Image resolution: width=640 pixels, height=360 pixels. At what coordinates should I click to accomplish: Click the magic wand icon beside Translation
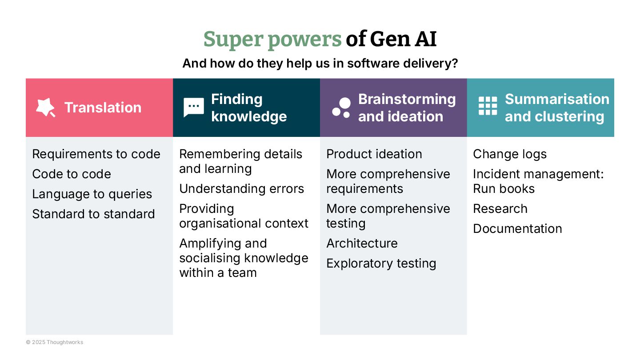[45, 108]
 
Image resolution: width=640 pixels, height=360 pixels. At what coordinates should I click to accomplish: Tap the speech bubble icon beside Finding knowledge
[193, 108]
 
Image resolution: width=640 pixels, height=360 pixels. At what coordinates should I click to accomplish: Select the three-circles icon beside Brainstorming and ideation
[341, 108]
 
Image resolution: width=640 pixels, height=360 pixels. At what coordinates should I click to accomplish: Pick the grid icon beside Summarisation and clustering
[488, 106]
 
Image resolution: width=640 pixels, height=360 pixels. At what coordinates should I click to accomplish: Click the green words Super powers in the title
[272, 40]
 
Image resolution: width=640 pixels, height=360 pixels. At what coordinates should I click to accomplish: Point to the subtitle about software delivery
[320, 64]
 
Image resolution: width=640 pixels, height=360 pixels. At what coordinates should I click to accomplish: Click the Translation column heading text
[103, 108]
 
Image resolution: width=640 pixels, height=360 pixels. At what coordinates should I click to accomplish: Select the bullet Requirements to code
[96, 154]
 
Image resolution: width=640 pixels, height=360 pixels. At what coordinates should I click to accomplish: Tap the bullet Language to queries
[92, 194]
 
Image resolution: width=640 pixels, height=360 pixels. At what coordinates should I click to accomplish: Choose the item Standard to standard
[93, 214]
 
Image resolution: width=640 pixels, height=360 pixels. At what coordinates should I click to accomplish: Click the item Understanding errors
[241, 189]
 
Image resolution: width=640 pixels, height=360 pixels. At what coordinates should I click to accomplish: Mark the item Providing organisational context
[244, 216]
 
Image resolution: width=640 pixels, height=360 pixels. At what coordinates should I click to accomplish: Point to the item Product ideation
[374, 154]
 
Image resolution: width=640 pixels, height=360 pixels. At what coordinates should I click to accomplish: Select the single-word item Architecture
[362, 244]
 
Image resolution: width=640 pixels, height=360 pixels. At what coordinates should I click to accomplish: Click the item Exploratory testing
[381, 264]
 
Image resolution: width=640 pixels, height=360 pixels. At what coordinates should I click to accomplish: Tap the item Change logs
[510, 154]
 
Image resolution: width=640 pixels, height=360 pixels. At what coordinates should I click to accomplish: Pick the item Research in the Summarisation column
[500, 209]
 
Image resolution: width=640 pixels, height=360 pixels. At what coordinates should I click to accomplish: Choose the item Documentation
[517, 229]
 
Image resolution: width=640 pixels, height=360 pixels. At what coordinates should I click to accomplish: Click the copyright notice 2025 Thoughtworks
[54, 342]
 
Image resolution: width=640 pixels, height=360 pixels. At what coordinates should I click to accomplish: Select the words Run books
[504, 189]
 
